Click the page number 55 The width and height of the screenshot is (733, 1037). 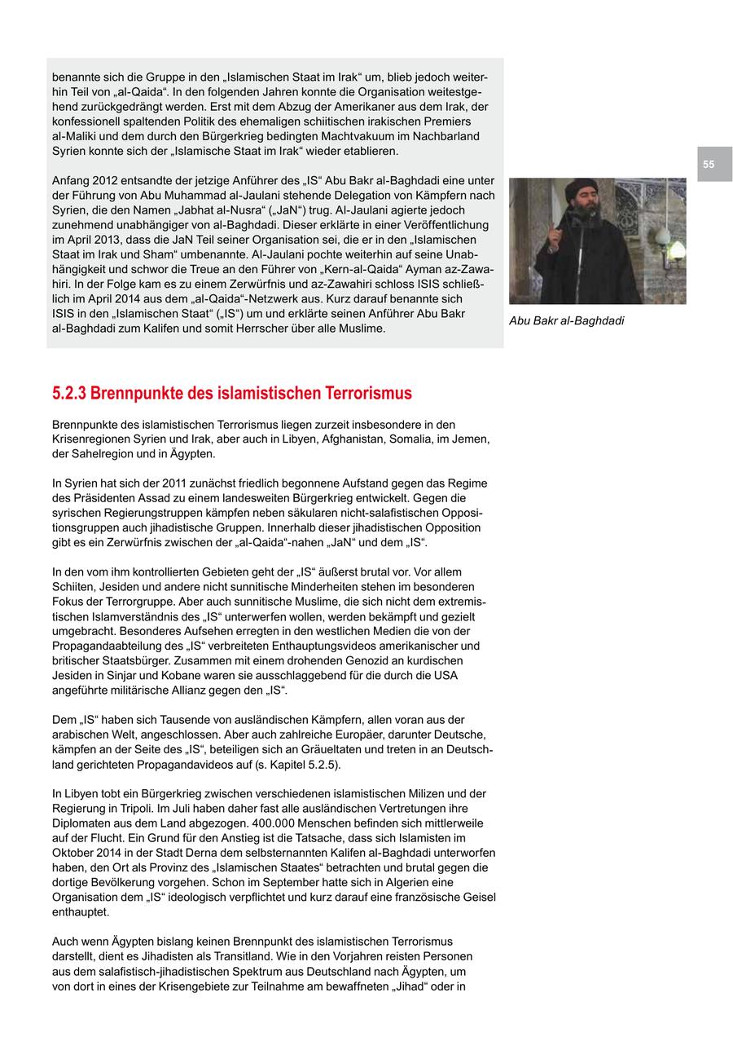pyautogui.click(x=709, y=165)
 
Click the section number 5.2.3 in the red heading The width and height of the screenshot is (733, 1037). pyautogui.click(x=69, y=394)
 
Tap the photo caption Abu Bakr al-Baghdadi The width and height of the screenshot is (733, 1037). pyautogui.click(x=567, y=321)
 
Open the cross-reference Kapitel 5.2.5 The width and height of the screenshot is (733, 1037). pyautogui.click(x=305, y=765)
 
